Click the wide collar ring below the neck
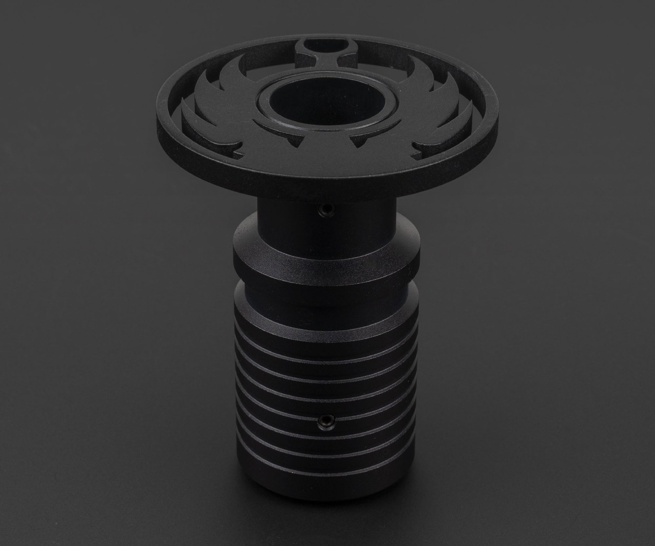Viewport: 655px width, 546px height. [326, 262]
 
